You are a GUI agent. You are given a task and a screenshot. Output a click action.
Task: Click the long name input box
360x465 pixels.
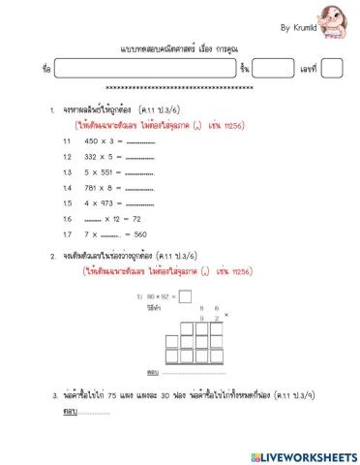(x=144, y=69)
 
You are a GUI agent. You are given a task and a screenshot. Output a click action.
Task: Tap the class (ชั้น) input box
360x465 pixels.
(x=272, y=69)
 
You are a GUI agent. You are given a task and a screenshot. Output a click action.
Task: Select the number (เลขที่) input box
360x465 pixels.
(x=331, y=69)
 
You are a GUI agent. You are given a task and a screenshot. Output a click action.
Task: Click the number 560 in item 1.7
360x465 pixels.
(x=140, y=233)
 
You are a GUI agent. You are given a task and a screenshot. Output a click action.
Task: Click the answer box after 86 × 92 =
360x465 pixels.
(x=185, y=296)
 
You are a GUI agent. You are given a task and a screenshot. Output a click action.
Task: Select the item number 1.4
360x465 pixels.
(x=67, y=187)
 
